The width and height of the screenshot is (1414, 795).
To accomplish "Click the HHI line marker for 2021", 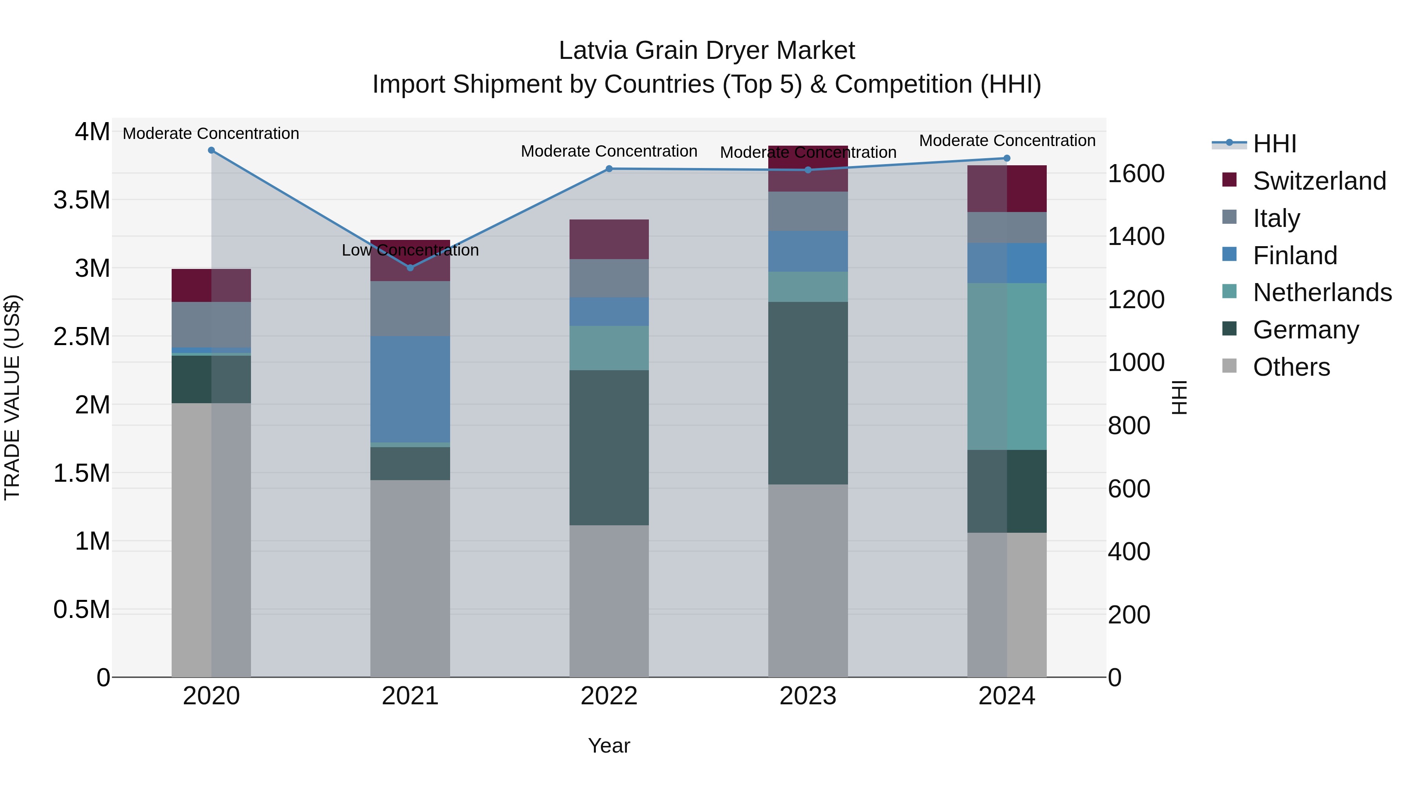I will pos(410,268).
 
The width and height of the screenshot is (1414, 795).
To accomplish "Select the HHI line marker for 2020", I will pos(211,150).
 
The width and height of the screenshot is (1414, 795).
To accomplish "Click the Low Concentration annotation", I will pos(410,250).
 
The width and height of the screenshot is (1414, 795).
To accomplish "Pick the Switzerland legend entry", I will pos(1319,181).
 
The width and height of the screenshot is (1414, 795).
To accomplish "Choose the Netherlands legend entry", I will pos(1322,292).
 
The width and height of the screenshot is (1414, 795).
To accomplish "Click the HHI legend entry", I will pos(1275,144).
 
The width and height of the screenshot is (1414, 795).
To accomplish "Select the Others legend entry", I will pos(1291,367).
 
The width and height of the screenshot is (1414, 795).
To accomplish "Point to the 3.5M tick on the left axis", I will pos(81,200).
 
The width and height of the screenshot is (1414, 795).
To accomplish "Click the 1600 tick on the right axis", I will pos(1136,174).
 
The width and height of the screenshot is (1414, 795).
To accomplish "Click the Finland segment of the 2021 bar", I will pos(410,389).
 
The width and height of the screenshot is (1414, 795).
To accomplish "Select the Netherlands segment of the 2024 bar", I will pos(1007,367).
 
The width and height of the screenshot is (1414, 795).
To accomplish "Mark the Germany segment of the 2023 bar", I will pos(808,393).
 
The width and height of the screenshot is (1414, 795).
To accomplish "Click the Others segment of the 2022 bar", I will pos(609,601).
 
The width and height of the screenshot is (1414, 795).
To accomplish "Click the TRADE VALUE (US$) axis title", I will pos(12,397).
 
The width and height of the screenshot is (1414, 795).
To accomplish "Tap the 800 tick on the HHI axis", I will pos(1128,426).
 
